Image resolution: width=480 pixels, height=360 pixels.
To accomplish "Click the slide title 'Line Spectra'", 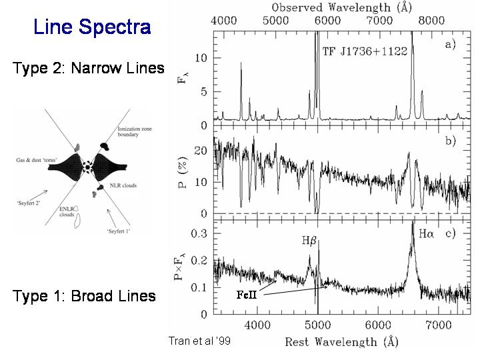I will (x=92, y=28).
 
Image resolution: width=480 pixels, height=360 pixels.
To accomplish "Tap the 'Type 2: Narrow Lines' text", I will (x=88, y=68).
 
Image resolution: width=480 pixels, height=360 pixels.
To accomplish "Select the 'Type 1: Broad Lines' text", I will (x=84, y=296).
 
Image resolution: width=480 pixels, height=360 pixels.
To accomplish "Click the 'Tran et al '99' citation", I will (x=199, y=340).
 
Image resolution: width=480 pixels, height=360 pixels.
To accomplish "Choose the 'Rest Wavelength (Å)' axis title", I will (x=341, y=342).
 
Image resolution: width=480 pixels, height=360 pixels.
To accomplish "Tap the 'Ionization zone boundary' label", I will (x=127, y=132).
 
